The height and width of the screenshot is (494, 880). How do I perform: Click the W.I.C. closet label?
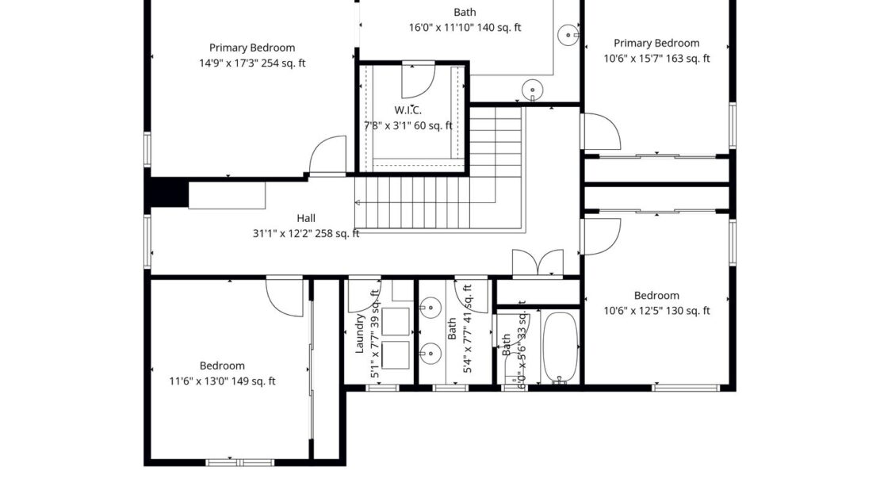click(407, 110)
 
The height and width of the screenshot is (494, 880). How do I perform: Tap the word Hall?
click(306, 218)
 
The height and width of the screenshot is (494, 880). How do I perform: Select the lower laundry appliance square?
click(395, 355)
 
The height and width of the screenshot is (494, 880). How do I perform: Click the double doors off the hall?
click(538, 263)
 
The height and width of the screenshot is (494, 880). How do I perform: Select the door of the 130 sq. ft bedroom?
click(599, 236)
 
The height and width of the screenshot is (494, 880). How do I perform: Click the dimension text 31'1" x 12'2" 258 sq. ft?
click(306, 233)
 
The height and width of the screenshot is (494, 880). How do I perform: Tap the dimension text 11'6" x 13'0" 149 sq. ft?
click(222, 381)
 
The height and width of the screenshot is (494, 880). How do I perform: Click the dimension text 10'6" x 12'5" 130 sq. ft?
click(656, 311)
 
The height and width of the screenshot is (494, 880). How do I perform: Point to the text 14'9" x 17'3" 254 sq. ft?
click(252, 63)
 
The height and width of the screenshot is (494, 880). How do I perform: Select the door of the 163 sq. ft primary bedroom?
click(600, 132)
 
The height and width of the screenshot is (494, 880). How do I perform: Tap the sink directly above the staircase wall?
click(533, 89)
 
